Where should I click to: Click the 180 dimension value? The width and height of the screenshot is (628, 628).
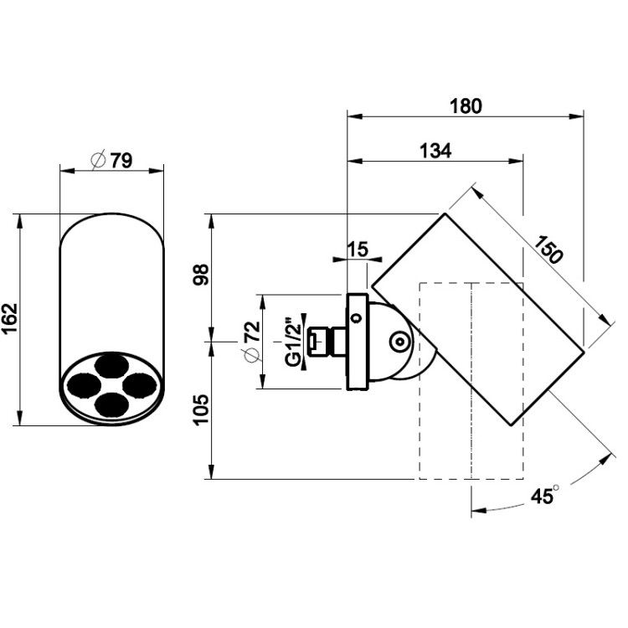tap(466, 106)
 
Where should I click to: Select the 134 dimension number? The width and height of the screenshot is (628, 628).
tap(435, 151)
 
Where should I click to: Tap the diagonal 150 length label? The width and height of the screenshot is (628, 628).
tap(548, 250)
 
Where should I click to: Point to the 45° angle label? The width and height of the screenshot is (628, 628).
tap(544, 495)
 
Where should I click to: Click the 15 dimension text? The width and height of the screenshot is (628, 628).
tap(358, 250)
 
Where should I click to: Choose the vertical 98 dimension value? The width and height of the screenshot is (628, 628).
tap(201, 275)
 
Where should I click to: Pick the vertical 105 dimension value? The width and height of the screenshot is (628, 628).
tap(201, 409)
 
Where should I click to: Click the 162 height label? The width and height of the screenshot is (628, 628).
tap(9, 319)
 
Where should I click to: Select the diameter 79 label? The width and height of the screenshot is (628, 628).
tap(111, 160)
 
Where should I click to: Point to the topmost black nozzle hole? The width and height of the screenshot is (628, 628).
tap(111, 365)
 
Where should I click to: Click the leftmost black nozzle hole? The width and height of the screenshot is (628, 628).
tap(84, 385)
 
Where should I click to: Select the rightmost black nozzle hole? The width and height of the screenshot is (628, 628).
tap(139, 385)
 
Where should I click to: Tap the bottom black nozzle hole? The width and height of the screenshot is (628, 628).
tap(111, 404)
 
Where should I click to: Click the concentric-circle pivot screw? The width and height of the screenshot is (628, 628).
tap(399, 342)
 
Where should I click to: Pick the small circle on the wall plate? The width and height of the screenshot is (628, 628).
tap(355, 318)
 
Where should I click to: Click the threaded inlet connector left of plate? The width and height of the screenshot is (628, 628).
tap(327, 342)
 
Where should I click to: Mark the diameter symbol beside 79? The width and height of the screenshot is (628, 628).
tap(99, 160)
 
